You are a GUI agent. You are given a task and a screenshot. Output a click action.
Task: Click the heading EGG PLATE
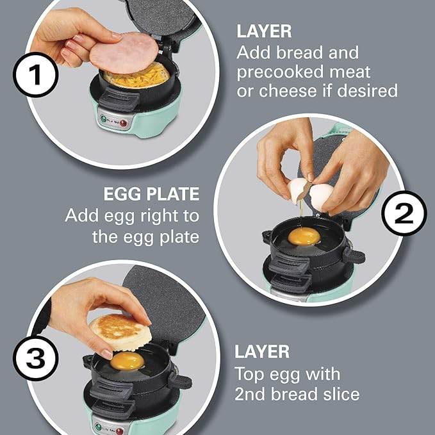point(152,194)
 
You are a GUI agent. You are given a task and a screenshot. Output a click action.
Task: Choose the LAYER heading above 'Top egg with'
point(261,352)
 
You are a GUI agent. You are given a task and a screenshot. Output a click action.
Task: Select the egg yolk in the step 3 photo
point(127,361)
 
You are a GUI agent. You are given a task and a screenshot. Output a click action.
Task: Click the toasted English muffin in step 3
point(119,332)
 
